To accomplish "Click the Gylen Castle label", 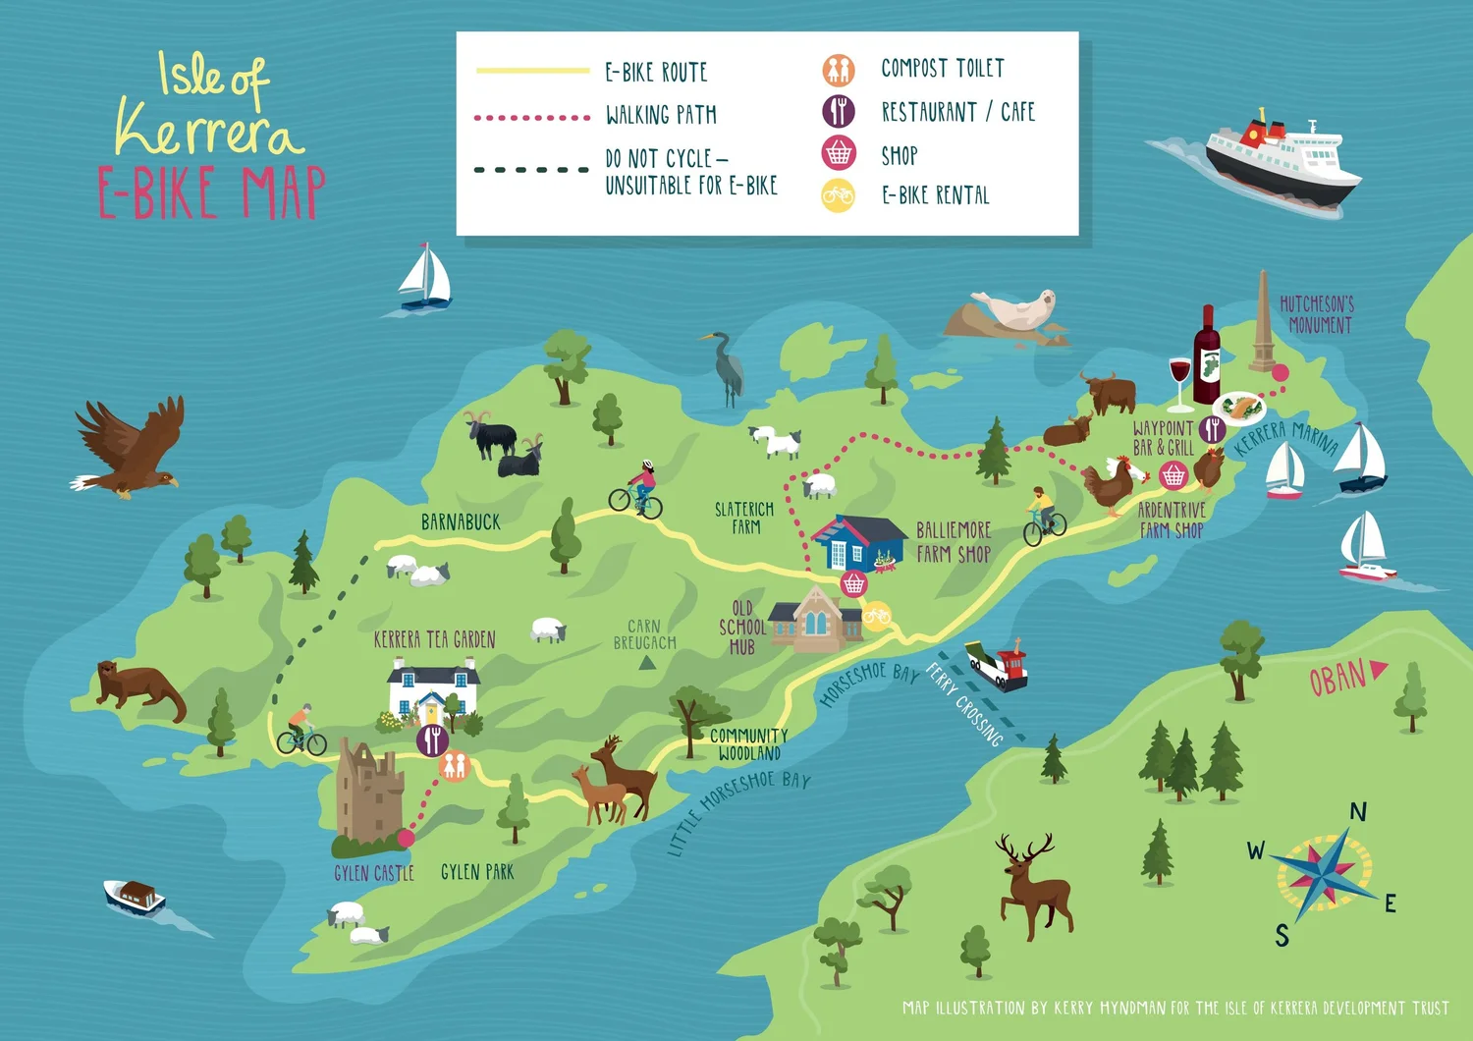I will [373, 873].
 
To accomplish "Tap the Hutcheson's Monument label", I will [1318, 314].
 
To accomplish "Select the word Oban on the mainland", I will [1337, 678].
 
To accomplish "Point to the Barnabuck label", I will [461, 522].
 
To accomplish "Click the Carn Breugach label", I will [644, 634].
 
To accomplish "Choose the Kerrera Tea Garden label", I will [434, 640].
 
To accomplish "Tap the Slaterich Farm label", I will [744, 518].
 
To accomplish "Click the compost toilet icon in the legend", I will [838, 70].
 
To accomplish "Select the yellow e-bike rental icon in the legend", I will [838, 195].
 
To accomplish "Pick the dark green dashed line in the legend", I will [531, 170].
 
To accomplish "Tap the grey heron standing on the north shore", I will [727, 367].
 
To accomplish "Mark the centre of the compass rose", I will [1324, 870].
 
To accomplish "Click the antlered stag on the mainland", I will [1033, 885].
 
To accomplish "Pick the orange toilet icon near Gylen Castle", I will [454, 765].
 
